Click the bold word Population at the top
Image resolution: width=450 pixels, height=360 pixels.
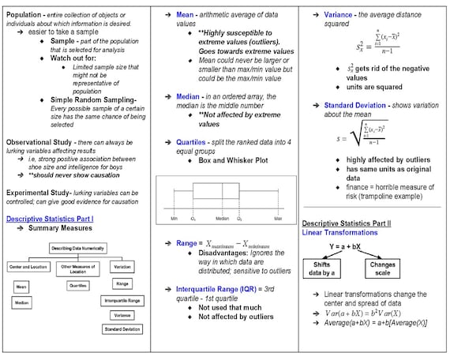(x=21, y=15)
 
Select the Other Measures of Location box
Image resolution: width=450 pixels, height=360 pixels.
(x=78, y=267)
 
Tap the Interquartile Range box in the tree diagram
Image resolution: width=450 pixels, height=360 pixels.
(x=122, y=301)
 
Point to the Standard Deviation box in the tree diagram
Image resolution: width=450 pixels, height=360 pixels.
(x=122, y=328)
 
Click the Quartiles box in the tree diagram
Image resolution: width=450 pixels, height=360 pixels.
(x=78, y=285)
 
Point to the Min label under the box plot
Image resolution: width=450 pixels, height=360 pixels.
(x=173, y=217)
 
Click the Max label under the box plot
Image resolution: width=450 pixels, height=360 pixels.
(x=278, y=217)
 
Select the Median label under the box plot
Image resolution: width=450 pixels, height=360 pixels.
(x=223, y=217)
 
